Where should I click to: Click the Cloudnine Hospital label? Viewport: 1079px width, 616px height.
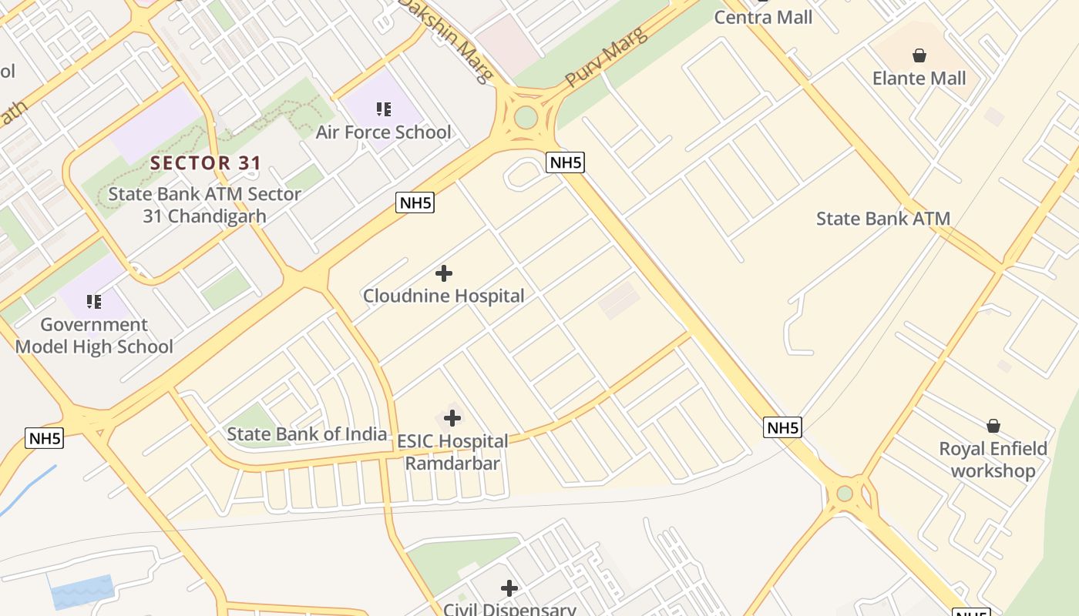click(443, 296)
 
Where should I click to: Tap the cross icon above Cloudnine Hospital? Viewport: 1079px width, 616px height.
click(444, 273)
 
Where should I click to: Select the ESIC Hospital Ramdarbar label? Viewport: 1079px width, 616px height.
click(452, 453)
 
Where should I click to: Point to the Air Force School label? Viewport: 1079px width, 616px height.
click(383, 132)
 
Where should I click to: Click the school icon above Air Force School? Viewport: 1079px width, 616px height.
click(383, 109)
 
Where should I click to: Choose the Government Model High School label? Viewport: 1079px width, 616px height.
click(94, 336)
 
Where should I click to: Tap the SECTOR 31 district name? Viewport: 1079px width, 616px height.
click(206, 163)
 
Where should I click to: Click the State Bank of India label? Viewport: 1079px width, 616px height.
click(307, 434)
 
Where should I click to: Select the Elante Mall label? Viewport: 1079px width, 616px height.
click(919, 78)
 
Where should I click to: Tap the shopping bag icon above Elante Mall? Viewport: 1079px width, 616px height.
click(919, 55)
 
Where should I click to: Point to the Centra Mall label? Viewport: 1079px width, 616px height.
click(763, 17)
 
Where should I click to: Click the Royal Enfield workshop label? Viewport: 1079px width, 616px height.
click(993, 460)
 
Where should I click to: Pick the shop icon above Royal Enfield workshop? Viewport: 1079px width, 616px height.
click(993, 426)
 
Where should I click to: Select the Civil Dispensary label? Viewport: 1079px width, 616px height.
click(509, 609)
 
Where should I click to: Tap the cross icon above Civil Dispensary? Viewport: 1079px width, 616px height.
click(509, 588)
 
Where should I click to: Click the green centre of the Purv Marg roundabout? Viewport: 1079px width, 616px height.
click(526, 118)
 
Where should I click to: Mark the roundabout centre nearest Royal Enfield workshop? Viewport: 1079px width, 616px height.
click(845, 493)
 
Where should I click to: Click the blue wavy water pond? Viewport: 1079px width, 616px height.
click(80, 591)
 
